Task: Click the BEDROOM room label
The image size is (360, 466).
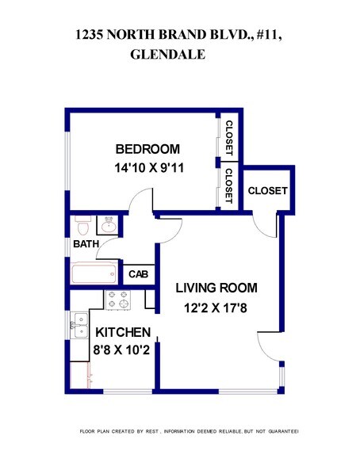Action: tap(147, 149)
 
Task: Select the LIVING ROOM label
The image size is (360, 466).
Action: tap(216, 287)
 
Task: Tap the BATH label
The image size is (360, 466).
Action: tap(86, 244)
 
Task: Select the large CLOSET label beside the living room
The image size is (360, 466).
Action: tap(267, 191)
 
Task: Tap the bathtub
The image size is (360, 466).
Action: tap(95, 274)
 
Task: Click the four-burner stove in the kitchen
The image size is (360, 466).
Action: tap(118, 300)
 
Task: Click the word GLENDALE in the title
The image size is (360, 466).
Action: tap(167, 55)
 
